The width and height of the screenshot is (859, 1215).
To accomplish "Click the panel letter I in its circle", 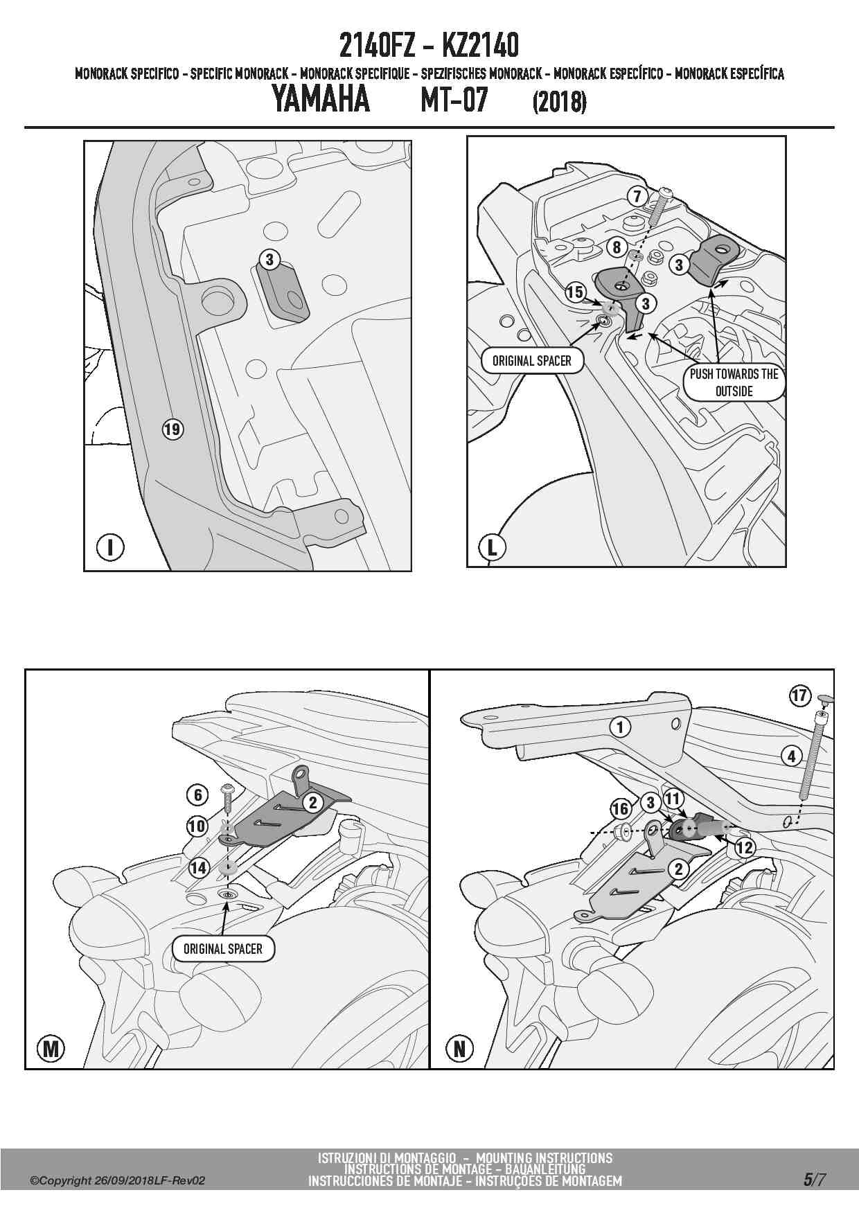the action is [x=110, y=547].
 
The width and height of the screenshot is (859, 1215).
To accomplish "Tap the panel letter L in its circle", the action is [x=493, y=547].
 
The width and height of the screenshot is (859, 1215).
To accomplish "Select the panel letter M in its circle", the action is [x=51, y=1049].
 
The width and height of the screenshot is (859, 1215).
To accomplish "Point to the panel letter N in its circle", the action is [x=459, y=1049].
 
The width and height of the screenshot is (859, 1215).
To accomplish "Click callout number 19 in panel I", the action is [x=172, y=429].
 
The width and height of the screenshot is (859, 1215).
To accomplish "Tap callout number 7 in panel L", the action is [x=637, y=196].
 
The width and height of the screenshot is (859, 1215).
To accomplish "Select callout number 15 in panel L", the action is [x=575, y=292].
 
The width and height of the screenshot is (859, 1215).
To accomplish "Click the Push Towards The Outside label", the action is [x=734, y=382].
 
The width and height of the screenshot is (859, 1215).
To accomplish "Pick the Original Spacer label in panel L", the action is [x=532, y=361].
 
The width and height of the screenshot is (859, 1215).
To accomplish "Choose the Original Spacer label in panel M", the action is [x=223, y=948].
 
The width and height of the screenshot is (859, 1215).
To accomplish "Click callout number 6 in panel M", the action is [x=198, y=795].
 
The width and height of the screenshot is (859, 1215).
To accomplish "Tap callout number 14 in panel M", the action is [x=199, y=867].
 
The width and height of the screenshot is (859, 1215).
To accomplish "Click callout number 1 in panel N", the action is [x=621, y=727].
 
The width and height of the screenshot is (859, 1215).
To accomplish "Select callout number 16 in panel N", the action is [x=621, y=808].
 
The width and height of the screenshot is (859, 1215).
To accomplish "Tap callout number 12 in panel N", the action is [x=745, y=847].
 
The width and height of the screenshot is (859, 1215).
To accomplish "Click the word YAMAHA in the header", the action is [x=320, y=99].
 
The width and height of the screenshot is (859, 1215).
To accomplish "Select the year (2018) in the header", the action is [x=560, y=103].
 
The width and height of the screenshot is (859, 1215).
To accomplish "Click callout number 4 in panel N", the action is [x=792, y=756].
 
